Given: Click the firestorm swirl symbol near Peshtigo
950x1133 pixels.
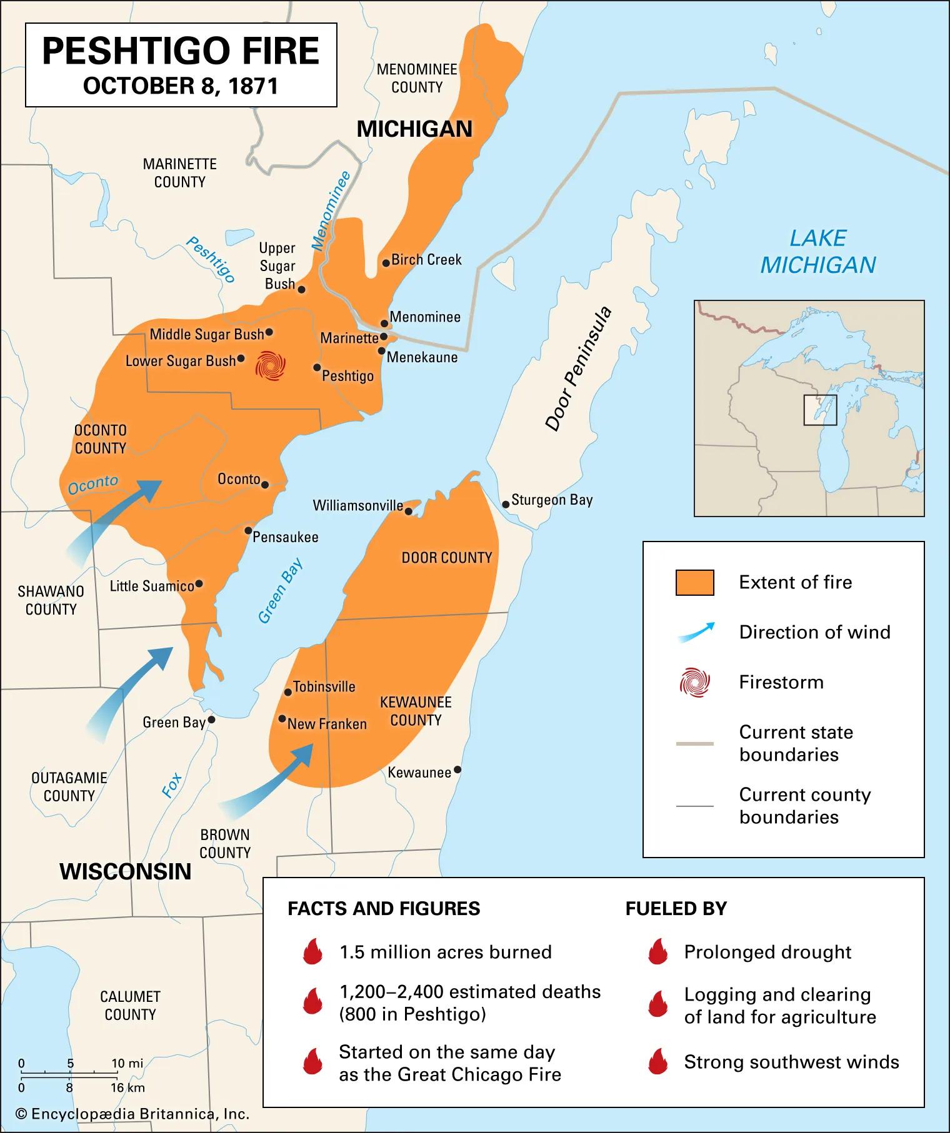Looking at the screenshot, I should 271,365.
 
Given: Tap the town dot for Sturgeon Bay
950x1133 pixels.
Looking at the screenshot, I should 506,504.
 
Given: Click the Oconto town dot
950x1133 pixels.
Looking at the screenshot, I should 265,484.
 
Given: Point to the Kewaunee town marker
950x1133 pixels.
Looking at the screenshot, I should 457,770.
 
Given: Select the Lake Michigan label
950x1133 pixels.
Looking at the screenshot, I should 817,252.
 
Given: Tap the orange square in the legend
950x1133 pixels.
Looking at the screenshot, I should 694,582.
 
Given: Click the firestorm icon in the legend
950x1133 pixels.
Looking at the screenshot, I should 694,682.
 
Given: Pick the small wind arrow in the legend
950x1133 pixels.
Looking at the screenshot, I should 695,633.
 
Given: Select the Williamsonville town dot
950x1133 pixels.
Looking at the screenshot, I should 409,512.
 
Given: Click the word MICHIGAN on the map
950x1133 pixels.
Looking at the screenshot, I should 414,129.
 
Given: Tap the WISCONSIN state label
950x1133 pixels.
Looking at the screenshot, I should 125,871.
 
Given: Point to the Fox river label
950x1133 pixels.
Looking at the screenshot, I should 171,785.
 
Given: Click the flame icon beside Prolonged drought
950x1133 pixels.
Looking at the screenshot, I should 657,952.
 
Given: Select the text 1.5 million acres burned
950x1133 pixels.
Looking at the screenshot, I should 445,952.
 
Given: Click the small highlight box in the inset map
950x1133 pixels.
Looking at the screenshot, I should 819,410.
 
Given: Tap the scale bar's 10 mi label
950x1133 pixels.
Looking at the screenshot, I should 127,1063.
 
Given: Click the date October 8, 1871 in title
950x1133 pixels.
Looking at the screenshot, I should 181,86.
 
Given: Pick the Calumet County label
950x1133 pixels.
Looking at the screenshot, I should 130,1005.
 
